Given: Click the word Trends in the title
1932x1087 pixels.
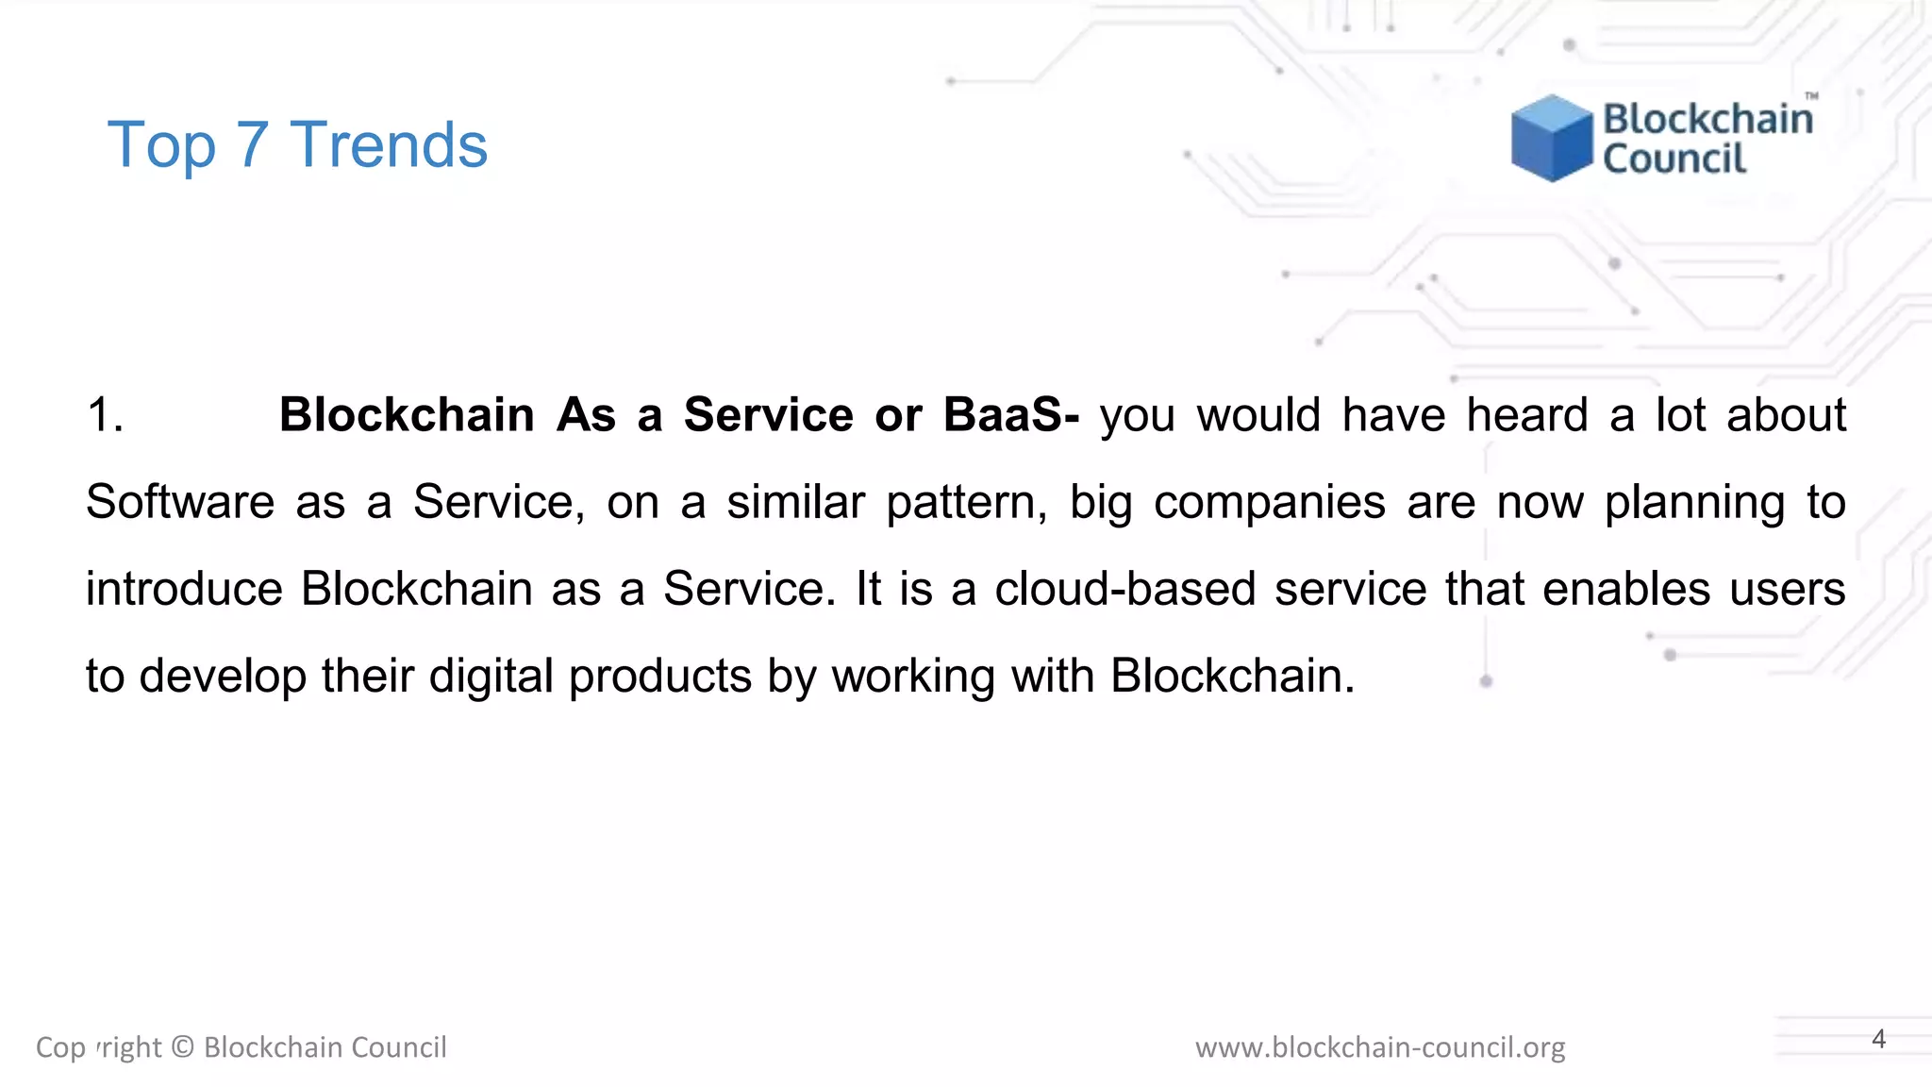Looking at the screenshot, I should tap(389, 145).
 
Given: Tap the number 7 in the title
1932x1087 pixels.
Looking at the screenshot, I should tap(252, 145).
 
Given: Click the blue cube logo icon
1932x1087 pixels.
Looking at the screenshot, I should tap(1550, 138).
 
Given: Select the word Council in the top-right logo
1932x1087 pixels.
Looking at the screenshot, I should tap(1674, 159).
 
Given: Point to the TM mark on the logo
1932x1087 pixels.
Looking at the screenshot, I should tap(1811, 96).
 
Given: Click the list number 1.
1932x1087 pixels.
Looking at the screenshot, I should tap(105, 415).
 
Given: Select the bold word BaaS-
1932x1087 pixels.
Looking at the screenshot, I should tap(1011, 415).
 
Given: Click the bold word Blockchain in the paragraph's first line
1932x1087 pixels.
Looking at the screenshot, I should tap(407, 415).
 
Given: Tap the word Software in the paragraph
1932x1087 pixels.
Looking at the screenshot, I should tap(179, 502).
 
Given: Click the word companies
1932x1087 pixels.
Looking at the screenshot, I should tap(1269, 502).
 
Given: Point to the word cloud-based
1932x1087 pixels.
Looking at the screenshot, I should tap(1124, 589).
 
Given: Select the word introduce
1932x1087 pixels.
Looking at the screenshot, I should tap(184, 589).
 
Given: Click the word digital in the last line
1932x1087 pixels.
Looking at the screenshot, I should tap(491, 676).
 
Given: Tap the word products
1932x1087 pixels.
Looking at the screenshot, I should tap(659, 676).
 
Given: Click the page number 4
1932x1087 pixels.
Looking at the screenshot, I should tap(1878, 1039).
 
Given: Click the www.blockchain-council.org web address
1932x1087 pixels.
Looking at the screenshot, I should tap(1379, 1047).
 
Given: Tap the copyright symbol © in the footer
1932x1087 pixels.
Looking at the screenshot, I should tap(183, 1047).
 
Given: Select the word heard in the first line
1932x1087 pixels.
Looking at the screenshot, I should tap(1527, 415).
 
